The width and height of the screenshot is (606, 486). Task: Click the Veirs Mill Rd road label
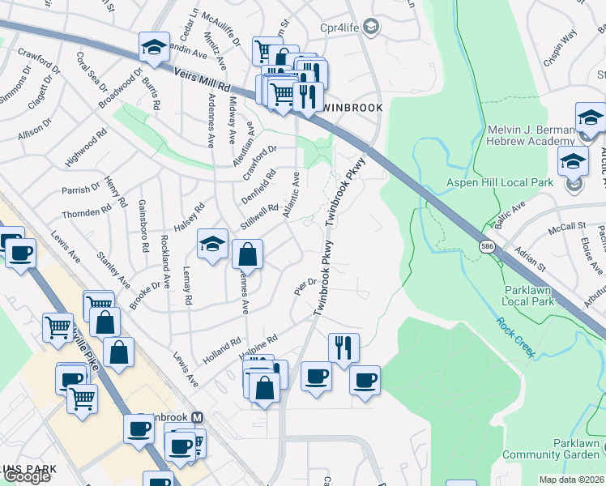(203, 80)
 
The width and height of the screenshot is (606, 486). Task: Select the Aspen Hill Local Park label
(500, 182)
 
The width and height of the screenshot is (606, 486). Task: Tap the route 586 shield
(486, 246)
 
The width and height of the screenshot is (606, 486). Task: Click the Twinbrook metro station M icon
(198, 417)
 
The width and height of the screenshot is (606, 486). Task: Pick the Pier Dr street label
(304, 285)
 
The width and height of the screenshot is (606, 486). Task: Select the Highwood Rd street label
(86, 149)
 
